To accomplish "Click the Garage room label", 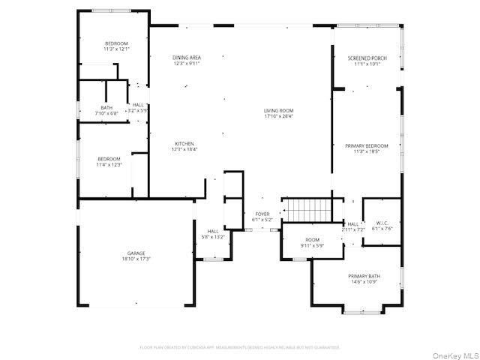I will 136,253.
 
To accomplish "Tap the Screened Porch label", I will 367,58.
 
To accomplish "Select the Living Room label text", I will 277,112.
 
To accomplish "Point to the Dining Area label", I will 186,58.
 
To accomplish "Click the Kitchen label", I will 184,144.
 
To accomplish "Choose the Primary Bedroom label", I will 367,145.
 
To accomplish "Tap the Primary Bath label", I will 364,277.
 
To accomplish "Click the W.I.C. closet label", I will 382,223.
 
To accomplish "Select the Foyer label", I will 262,214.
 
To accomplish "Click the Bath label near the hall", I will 107,107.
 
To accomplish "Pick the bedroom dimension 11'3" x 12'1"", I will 116,49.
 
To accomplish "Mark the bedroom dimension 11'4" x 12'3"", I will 109,165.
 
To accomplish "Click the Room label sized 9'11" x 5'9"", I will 311,240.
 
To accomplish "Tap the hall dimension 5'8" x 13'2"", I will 213,237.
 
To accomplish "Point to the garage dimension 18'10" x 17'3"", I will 136,259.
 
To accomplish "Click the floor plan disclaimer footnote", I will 240,347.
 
